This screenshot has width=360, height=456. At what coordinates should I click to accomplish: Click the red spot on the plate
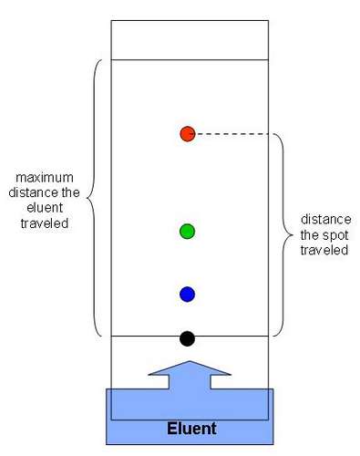click(x=187, y=134)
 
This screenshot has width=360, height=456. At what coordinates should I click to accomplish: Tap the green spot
click(x=187, y=231)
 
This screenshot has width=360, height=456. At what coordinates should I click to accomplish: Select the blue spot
click(x=187, y=294)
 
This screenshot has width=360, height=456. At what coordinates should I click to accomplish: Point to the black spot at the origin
click(x=187, y=338)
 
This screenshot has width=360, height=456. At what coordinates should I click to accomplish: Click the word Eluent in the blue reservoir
click(x=190, y=428)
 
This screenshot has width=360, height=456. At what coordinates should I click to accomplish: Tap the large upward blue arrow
click(x=190, y=375)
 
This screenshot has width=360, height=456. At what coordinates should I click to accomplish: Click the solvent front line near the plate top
click(x=190, y=59)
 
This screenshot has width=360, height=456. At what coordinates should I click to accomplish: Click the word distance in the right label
click(x=324, y=221)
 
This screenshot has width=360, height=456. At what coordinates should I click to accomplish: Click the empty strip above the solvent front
click(x=190, y=39)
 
